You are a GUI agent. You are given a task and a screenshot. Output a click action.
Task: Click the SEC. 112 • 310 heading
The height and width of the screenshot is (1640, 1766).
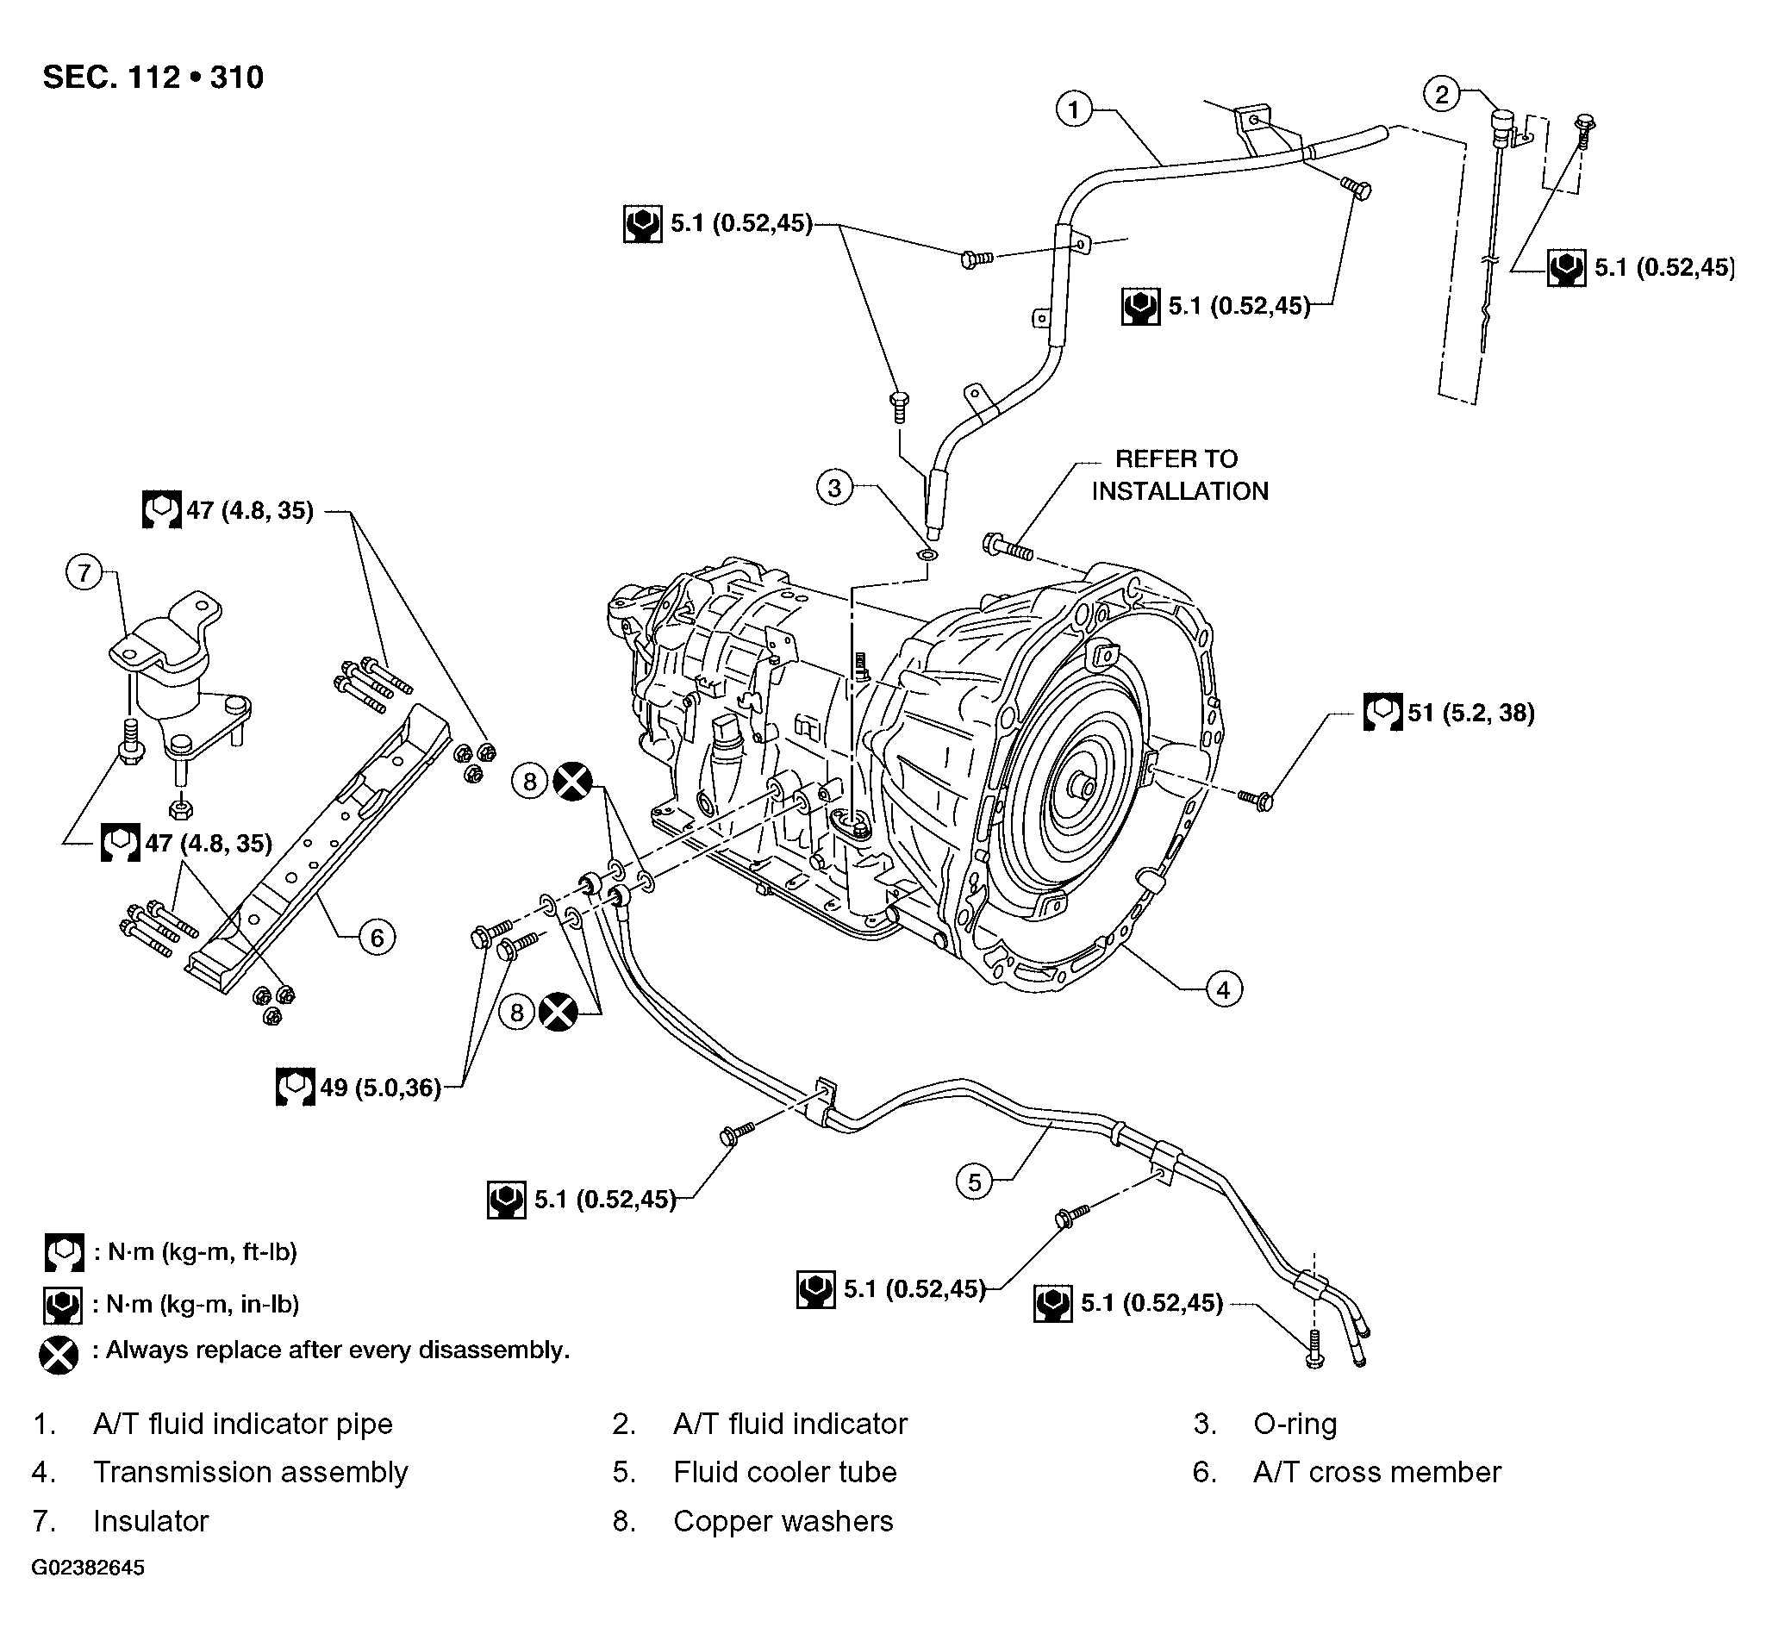153,78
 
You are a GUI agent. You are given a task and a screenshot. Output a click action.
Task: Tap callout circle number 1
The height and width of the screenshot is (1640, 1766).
1074,110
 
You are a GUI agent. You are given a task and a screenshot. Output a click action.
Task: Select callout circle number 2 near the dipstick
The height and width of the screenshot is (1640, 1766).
1441,94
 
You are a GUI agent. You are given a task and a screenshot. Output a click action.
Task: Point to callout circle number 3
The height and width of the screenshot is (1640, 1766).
834,487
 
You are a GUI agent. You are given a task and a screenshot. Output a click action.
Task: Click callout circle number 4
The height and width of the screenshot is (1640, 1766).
1224,988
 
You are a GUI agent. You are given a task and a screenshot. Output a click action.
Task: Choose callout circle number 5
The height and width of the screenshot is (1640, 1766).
975,1182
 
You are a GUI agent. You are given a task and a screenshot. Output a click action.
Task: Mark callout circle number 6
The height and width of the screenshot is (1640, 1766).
378,937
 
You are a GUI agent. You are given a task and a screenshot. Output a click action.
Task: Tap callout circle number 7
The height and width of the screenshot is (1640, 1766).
84,572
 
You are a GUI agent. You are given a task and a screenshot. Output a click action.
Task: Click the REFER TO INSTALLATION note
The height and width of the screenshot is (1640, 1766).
1179,475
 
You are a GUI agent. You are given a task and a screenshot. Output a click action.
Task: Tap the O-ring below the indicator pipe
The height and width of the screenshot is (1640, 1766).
927,556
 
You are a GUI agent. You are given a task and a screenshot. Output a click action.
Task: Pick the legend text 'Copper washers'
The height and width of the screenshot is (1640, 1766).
783,1520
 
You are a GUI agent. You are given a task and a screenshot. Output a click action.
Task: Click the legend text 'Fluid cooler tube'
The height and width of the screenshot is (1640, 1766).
784,1471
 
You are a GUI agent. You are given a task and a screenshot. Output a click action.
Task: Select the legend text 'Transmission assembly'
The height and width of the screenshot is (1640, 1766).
250,1471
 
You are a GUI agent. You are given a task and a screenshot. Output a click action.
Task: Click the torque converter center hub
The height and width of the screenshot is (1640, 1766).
1083,784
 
